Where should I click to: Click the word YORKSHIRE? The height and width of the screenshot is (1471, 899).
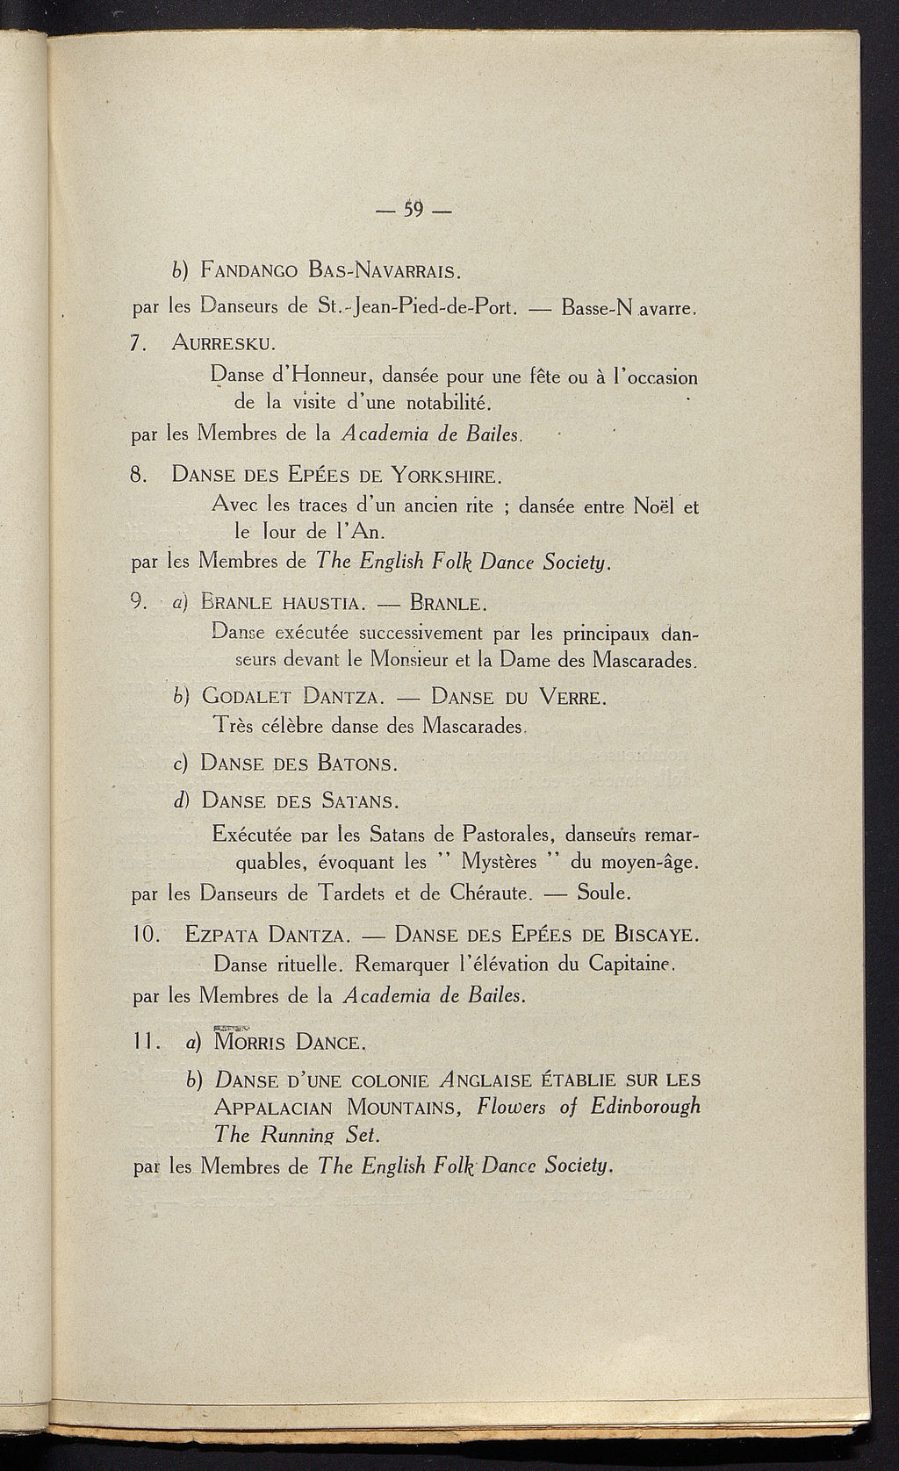click(x=446, y=477)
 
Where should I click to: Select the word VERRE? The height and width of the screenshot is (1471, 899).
click(x=571, y=699)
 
